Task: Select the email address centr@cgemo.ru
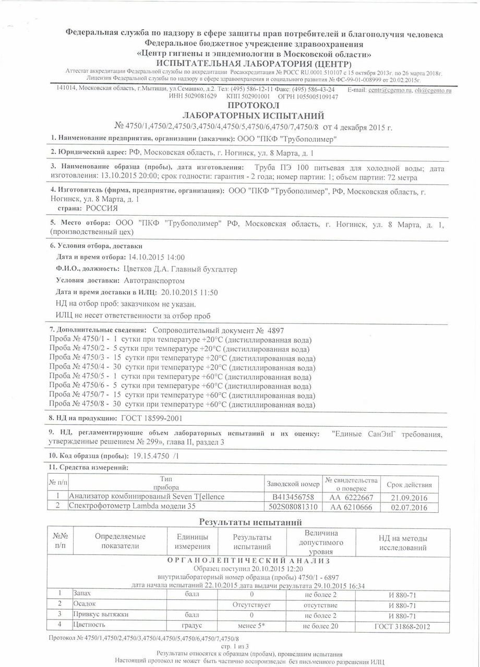[386, 90]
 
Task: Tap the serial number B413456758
[293, 497]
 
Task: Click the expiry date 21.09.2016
[409, 497]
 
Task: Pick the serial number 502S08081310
[293, 507]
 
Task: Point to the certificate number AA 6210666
[350, 507]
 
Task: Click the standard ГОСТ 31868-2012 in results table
[402, 625]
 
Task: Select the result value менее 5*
[251, 625]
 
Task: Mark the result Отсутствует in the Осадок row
[251, 605]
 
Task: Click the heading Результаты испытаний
[250, 522]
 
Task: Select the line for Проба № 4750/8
[182, 404]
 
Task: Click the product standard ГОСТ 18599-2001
[151, 418]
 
